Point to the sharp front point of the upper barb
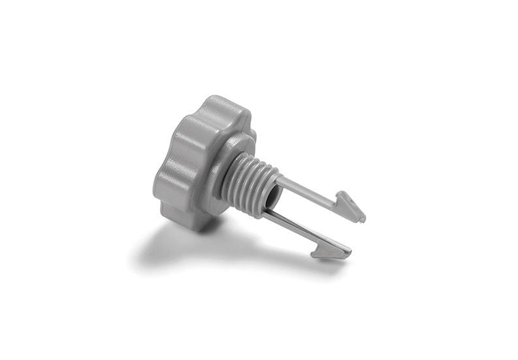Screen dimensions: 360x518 (x=363, y=218)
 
